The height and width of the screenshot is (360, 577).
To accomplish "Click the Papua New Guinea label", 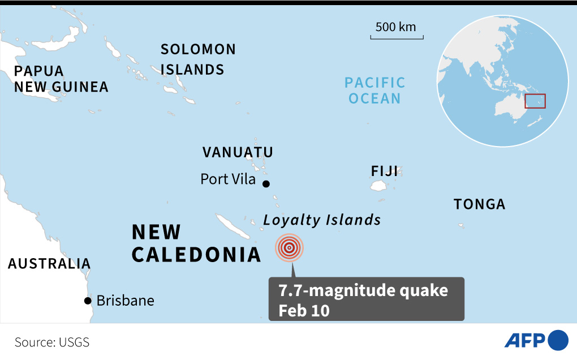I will point(61,79).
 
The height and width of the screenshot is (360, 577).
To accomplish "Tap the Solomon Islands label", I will point(198,59).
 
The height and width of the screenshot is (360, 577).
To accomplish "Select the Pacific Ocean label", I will point(375,91).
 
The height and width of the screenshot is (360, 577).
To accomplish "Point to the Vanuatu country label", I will point(238,152).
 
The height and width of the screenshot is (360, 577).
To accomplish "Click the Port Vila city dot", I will point(266,183).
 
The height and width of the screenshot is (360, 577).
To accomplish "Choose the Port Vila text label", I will point(228,179).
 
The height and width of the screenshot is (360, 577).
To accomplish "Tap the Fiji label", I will point(385,171).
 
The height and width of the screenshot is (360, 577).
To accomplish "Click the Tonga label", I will point(479,204).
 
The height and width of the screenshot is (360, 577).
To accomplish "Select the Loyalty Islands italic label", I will point(322,220).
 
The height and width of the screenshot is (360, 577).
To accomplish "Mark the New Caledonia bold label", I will point(196,243).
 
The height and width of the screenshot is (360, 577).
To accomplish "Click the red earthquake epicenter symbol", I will point(289,248).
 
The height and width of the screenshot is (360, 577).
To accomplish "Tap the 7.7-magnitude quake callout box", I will point(366,299).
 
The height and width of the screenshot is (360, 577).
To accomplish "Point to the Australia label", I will point(49,264).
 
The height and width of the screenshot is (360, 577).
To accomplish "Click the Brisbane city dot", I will point(88,301).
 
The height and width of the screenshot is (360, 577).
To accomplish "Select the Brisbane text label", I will point(125,301).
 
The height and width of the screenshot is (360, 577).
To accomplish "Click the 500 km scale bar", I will point(397,37).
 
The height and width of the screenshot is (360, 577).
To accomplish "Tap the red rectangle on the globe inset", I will point(535,101).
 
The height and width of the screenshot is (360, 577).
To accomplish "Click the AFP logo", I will point(536,340).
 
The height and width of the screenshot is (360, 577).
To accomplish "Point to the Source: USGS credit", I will point(52,342).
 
